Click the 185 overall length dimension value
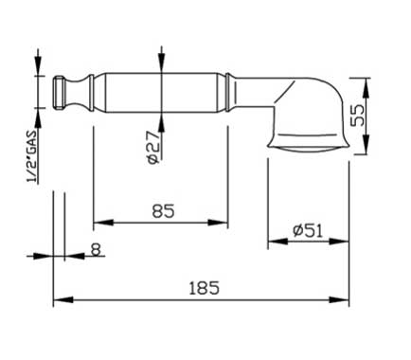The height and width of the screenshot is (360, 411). click(x=204, y=288)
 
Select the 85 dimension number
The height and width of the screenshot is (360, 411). click(x=163, y=211)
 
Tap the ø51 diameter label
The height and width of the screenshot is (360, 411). click(x=308, y=230)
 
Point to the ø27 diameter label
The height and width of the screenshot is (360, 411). click(x=153, y=148)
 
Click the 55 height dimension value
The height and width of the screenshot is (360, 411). click(x=357, y=115)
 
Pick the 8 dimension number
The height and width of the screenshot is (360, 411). click(x=96, y=249)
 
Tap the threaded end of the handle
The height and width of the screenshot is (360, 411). click(x=59, y=93)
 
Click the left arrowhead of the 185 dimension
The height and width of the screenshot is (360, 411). click(x=63, y=299)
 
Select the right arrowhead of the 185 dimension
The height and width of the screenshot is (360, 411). click(x=339, y=299)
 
